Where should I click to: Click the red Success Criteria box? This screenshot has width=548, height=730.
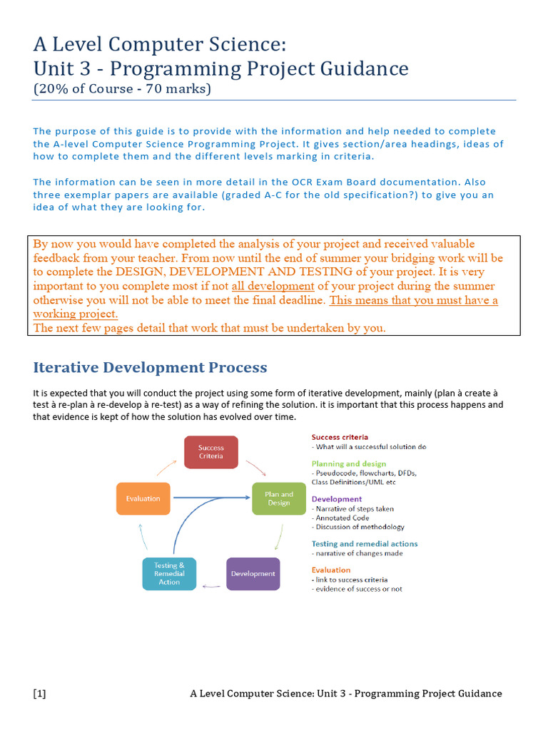click(x=210, y=451)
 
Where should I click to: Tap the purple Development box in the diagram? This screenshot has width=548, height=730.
click(x=253, y=573)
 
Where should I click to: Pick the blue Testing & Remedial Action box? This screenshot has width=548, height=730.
click(x=169, y=573)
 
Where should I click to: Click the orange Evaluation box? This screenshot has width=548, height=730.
click(x=143, y=498)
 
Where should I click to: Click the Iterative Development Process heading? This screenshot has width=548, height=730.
click(x=150, y=368)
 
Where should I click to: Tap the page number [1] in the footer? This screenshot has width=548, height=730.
click(x=39, y=694)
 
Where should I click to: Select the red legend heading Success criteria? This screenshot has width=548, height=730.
click(x=340, y=436)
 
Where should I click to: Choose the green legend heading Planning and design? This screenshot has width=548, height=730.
click(x=348, y=463)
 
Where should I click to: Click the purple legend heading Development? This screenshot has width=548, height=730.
click(x=336, y=499)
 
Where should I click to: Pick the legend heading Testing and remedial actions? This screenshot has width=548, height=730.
click(x=365, y=543)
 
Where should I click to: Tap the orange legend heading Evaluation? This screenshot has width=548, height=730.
click(x=331, y=570)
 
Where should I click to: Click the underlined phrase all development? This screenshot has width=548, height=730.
click(x=273, y=286)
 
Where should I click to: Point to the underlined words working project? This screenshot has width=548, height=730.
click(x=76, y=314)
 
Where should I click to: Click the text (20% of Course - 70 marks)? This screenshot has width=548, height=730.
click(x=122, y=89)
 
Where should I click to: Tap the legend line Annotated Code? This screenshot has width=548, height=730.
click(x=341, y=518)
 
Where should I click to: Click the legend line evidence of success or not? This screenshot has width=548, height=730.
click(x=357, y=589)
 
